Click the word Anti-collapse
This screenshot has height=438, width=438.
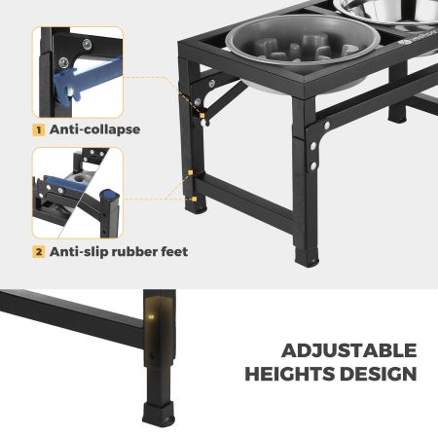point(94,129)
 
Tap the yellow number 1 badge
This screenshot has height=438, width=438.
point(39,130)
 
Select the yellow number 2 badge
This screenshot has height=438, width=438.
point(39,252)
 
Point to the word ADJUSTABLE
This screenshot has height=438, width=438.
point(349,350)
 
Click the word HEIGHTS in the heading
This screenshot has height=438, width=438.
point(290,374)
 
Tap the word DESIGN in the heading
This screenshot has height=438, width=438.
point(379,374)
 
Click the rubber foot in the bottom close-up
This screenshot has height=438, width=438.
point(159,414)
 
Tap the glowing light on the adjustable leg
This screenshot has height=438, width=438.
point(150,315)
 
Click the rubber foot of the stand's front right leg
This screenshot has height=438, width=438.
point(307,257)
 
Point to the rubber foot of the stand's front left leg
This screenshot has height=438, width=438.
point(196,206)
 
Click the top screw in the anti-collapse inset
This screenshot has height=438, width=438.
point(87,44)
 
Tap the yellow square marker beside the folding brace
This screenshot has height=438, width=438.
point(202,116)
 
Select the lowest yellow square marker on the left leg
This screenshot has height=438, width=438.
point(194,199)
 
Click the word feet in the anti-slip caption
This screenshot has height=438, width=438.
point(174,251)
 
